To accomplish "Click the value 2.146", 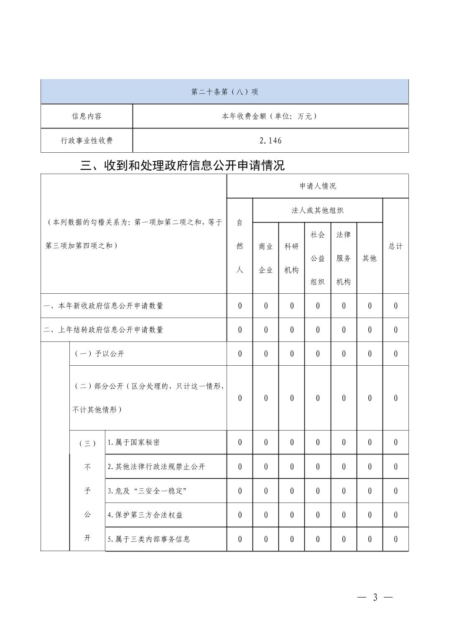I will click(x=270, y=141).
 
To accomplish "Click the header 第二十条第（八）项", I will click(x=224, y=92).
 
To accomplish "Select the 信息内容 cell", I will click(x=87, y=116).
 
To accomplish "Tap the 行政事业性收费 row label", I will click(x=87, y=141).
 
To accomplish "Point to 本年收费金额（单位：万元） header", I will click(x=270, y=116).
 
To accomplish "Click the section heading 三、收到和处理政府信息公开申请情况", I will click(x=182, y=166).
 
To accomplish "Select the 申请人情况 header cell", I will click(x=317, y=186).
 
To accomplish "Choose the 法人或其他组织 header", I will click(x=317, y=210).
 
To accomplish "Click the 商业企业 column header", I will click(x=265, y=258).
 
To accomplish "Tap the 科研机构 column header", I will click(x=291, y=258).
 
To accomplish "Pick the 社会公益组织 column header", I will click(x=317, y=258).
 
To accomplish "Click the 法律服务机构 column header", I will click(x=343, y=258).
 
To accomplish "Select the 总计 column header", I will click(x=395, y=246).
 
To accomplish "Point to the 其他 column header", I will click(x=369, y=258).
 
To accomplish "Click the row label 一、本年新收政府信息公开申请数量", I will click(x=103, y=306).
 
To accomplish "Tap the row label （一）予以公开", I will click(x=99, y=354).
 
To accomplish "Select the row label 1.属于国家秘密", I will click(x=133, y=442).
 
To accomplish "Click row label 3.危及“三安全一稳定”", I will click(x=147, y=491).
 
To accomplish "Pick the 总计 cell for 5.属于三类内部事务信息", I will click(x=395, y=539).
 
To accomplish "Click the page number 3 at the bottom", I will click(x=375, y=598).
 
